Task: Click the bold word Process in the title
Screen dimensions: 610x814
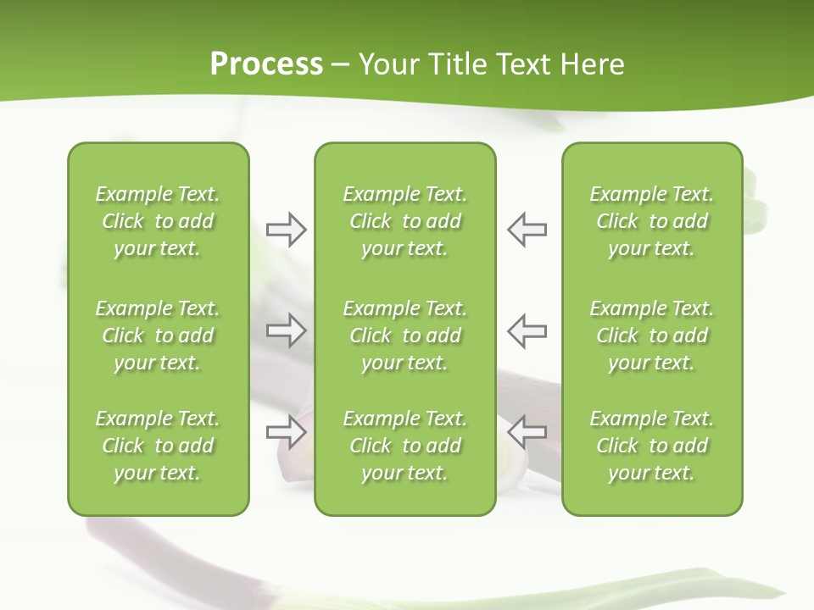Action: (266, 64)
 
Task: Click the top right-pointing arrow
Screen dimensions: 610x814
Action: (286, 230)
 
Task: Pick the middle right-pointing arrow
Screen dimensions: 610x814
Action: (286, 330)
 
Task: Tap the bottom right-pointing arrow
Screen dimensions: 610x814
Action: (286, 431)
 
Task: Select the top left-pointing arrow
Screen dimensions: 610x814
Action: (527, 230)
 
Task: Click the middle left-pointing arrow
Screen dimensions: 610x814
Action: (527, 330)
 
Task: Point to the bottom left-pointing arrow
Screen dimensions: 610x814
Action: (527, 431)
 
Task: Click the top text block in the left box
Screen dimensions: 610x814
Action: (158, 221)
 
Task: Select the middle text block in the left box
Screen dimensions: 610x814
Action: (158, 335)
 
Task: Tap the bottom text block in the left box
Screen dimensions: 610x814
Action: (158, 446)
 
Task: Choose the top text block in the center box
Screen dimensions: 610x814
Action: (404, 221)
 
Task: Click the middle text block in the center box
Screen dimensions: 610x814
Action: (404, 335)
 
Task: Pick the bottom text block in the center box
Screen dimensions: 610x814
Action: (404, 446)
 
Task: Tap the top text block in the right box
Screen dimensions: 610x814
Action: (651, 221)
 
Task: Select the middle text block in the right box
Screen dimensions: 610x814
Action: (651, 335)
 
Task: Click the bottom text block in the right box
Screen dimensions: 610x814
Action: (651, 446)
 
